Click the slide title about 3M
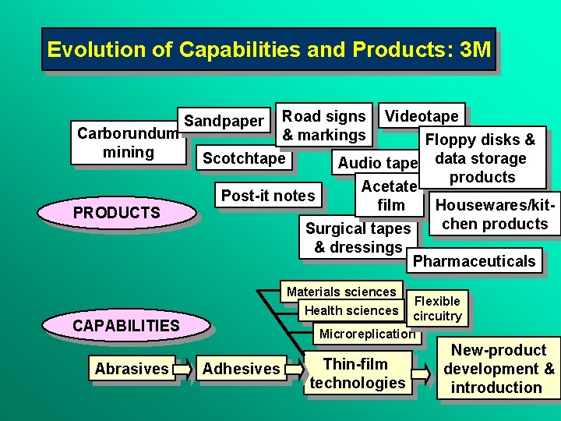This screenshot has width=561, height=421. (269, 50)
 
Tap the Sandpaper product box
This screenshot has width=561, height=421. (224, 120)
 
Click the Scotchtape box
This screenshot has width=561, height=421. (244, 158)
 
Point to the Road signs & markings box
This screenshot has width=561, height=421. (323, 125)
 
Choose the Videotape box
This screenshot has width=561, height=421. (422, 116)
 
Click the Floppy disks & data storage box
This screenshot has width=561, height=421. (482, 158)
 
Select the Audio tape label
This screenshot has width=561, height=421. (378, 162)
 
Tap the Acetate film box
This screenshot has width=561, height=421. (390, 195)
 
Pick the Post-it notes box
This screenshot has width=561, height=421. (268, 195)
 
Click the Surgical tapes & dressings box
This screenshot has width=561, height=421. (357, 238)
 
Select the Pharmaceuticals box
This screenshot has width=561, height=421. (474, 261)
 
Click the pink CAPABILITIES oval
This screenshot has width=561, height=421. (125, 325)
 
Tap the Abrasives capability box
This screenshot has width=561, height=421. (132, 369)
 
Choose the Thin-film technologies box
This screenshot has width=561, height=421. (357, 373)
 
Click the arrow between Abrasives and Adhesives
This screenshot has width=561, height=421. (184, 369)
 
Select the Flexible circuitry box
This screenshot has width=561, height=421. (437, 309)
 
